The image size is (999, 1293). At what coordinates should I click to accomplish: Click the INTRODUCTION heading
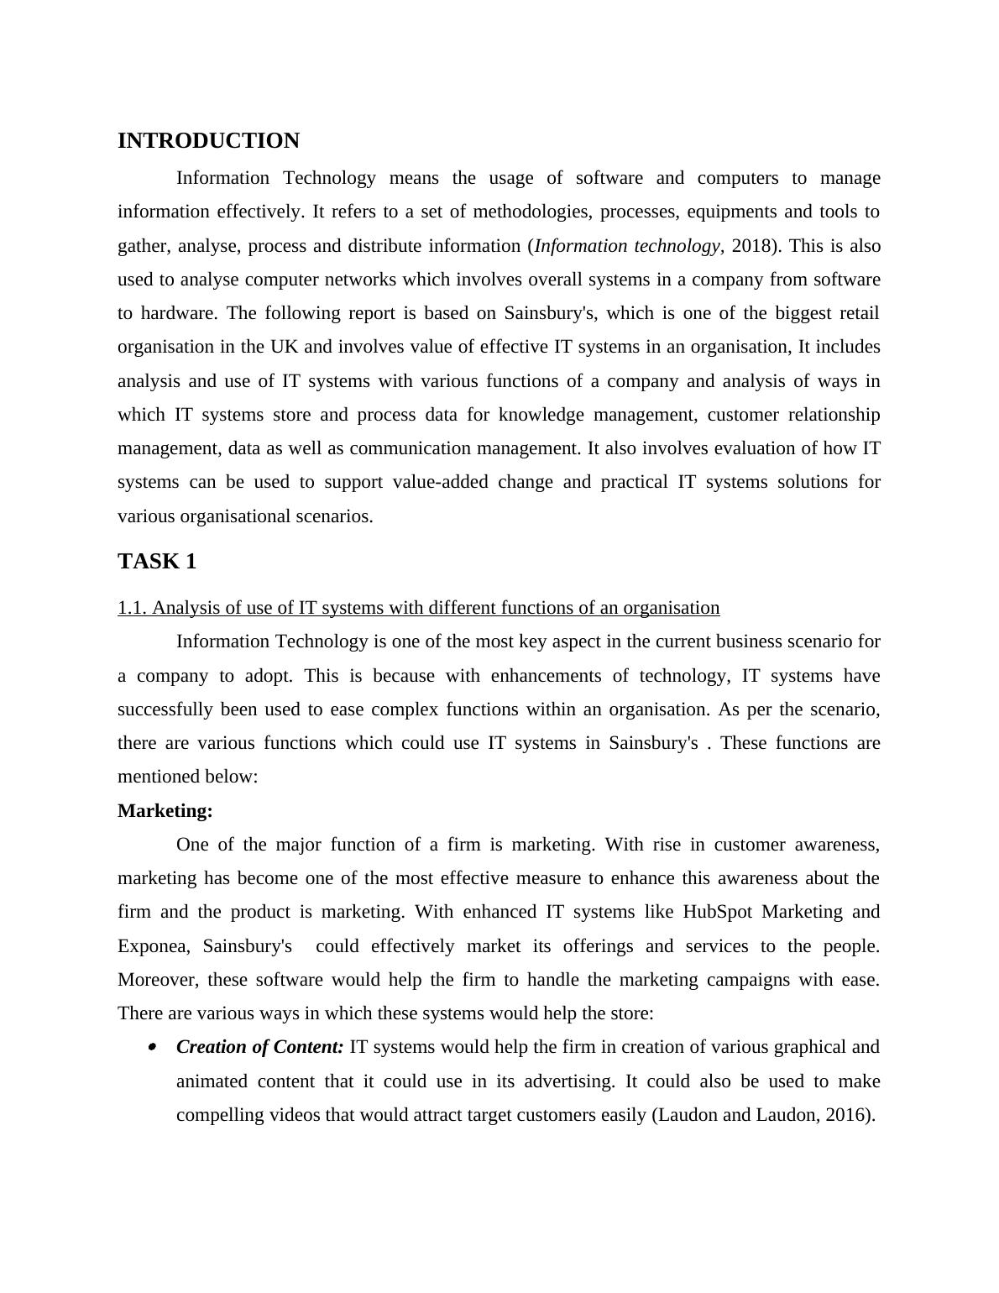click(208, 141)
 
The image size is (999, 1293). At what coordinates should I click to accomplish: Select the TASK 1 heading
click(157, 562)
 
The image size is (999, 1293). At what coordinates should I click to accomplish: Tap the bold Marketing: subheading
click(165, 811)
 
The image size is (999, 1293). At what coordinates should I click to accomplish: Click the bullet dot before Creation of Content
click(152, 1047)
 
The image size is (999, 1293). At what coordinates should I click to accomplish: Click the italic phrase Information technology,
click(628, 246)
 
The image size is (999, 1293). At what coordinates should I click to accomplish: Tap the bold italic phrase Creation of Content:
click(260, 1047)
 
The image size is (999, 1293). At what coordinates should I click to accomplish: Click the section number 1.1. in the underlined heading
click(133, 608)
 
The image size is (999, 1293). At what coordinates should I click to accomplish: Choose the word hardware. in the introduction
click(179, 313)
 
